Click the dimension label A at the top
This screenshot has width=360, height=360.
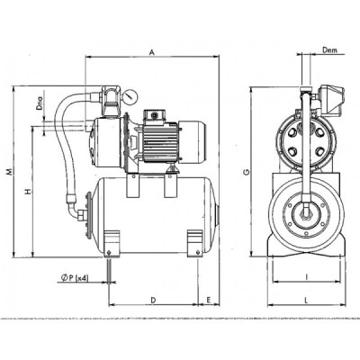click(152, 52)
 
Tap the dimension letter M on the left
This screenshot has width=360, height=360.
click(9, 171)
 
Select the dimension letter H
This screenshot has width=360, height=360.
click(28, 191)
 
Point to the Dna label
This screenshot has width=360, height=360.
click(40, 103)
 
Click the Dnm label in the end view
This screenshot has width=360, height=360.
click(329, 50)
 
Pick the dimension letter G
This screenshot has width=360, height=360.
click(247, 172)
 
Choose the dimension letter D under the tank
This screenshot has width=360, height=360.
click(153, 300)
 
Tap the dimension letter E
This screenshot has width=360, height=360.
click(209, 300)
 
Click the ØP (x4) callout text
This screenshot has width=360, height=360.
click(75, 278)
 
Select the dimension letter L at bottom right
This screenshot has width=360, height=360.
click(306, 300)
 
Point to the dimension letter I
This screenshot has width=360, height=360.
click(306, 277)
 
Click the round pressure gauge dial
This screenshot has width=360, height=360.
click(130, 95)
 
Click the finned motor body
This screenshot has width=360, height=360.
click(161, 141)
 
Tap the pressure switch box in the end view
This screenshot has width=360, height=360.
click(331, 101)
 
